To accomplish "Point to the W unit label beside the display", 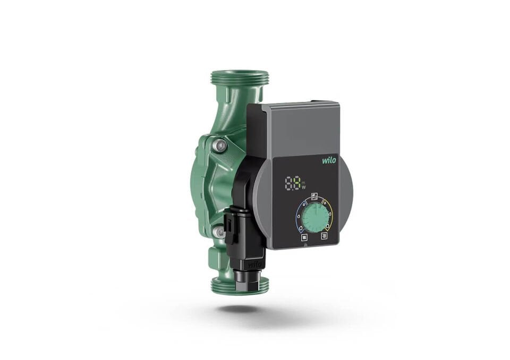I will [x=304, y=187].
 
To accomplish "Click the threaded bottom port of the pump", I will [x=240, y=285].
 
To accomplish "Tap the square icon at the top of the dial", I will [x=313, y=195].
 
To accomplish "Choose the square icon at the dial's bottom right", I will [x=324, y=237].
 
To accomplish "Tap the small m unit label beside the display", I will [x=304, y=181].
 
